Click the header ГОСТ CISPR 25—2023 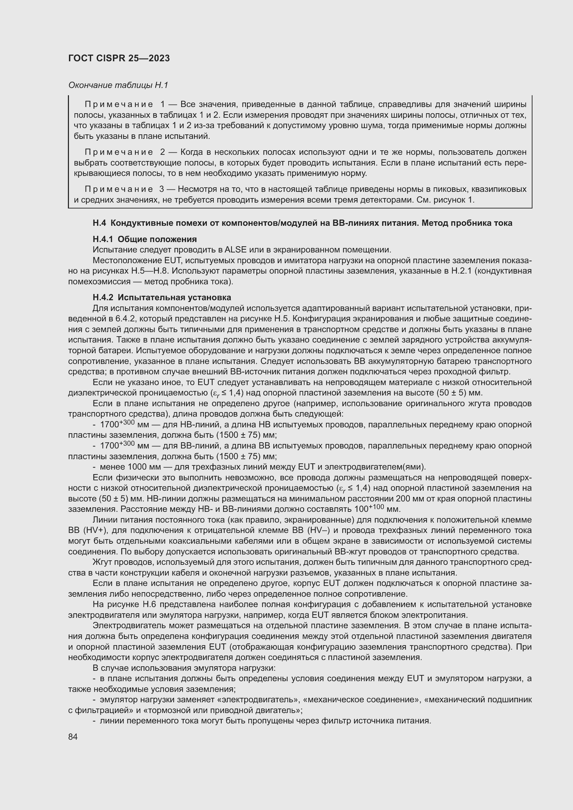(x=119, y=58)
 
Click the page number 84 (x=73, y=737)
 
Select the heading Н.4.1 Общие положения (x=145, y=239)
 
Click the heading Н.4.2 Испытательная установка (x=161, y=297)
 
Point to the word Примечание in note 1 (x=119, y=105)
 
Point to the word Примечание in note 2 (x=119, y=152)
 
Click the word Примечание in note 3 (x=119, y=189)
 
